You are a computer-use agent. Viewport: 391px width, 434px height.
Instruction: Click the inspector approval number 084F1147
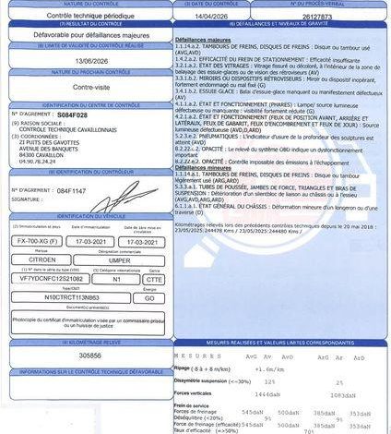[71, 190]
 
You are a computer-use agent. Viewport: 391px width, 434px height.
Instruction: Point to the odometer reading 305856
[65, 355]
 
